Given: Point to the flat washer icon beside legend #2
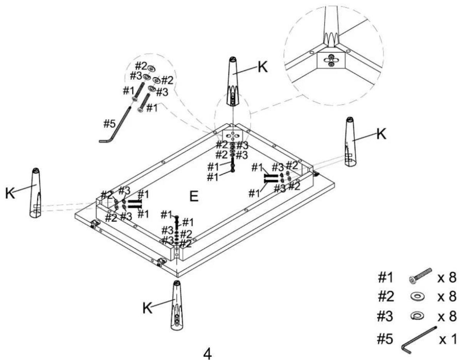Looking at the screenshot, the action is pos(415,297).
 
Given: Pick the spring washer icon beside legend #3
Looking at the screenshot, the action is pos(415,316).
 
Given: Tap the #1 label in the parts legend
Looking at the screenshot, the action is pos(385,278).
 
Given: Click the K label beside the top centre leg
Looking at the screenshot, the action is pos(262,68).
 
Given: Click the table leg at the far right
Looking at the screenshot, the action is pos(350,142).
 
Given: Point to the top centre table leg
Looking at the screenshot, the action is pos(233,82).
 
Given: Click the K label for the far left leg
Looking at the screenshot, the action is pos(10,193).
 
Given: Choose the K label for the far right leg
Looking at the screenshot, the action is pos(381,134).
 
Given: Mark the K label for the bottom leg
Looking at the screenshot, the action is pos(147,308).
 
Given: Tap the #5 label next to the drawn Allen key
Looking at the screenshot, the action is pos(110,124).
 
